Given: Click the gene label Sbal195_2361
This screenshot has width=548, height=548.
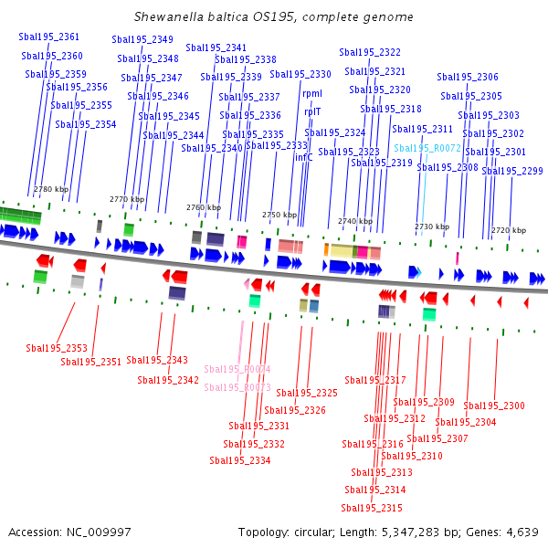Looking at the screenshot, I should [x=49, y=37].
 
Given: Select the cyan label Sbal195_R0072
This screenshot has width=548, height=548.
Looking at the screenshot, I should [x=427, y=147].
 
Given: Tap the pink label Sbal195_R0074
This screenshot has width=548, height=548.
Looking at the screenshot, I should [x=237, y=369].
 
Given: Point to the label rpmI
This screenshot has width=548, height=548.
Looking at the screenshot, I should [x=312, y=93].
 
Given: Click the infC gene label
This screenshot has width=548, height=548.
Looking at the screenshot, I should [x=303, y=157].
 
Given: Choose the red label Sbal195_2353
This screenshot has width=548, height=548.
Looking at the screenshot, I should [x=57, y=348].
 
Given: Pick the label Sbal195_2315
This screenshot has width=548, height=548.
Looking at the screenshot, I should [x=372, y=508].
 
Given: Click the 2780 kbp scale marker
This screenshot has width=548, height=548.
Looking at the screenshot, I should [x=51, y=189].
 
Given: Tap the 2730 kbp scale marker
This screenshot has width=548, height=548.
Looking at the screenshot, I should [x=432, y=227].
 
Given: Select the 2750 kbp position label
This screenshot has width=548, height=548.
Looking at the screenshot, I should [x=279, y=215].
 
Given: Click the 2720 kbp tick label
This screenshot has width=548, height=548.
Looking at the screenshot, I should [x=509, y=230].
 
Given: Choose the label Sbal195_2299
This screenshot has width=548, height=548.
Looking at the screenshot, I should [x=512, y=171].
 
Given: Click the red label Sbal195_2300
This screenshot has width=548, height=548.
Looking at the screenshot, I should [x=494, y=406].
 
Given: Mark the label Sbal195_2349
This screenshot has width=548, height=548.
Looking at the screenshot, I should [x=142, y=39].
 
